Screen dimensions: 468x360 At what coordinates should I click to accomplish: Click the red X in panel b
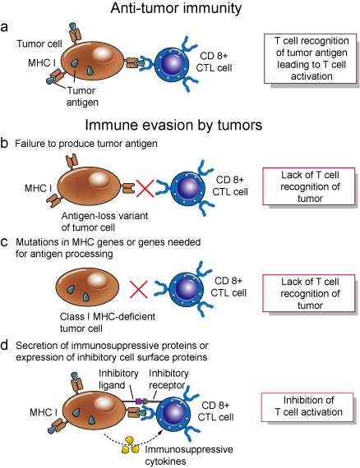point(146,190)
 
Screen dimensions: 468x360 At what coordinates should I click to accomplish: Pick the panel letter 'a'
point(6,26)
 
